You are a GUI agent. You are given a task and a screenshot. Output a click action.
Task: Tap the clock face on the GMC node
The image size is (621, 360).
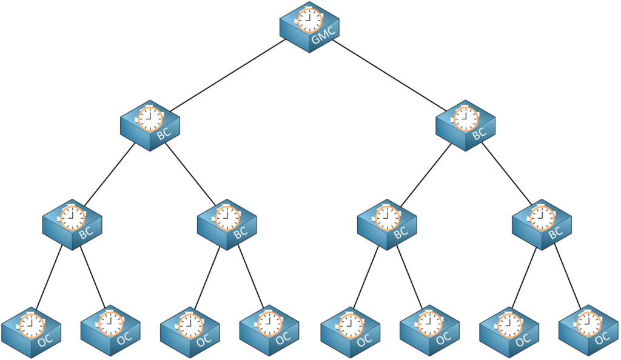point(309,20)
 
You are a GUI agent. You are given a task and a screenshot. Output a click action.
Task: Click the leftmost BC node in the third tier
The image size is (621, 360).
point(72,224)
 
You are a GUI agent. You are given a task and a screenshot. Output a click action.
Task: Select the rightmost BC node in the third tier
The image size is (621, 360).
point(542,224)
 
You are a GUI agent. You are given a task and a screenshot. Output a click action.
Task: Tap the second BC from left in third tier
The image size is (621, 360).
point(227,224)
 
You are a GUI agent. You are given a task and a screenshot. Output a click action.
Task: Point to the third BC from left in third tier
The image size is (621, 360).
point(387,224)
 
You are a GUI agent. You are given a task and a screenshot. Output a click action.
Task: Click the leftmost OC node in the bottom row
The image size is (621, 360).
point(31,330)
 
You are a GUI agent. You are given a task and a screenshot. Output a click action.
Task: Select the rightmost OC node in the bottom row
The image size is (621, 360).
point(588,330)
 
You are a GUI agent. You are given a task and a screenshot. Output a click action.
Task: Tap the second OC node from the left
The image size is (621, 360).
point(110,330)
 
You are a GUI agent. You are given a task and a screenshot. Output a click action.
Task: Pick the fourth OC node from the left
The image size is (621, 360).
point(269,330)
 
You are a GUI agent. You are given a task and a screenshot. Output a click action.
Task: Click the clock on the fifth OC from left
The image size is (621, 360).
point(350,324)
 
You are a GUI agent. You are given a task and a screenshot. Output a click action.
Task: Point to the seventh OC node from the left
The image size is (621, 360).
point(509,330)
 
